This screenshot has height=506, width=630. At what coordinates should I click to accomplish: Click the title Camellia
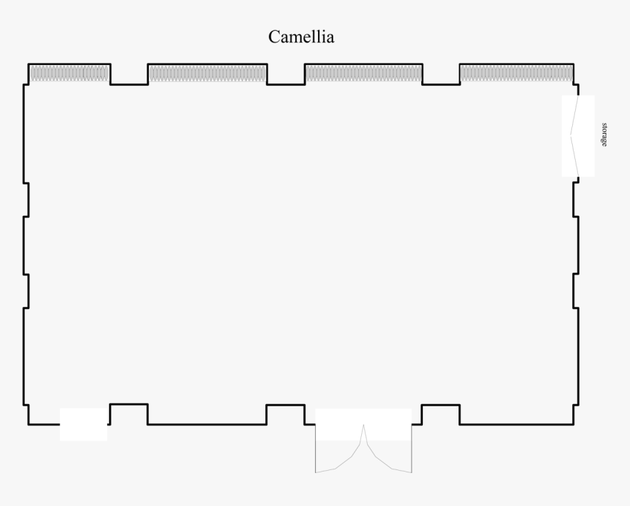tap(301, 37)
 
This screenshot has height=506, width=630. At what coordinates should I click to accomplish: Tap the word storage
tap(604, 135)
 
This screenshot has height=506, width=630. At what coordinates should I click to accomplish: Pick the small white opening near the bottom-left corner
tap(84, 425)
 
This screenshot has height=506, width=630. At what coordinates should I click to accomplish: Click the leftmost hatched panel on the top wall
tap(69, 73)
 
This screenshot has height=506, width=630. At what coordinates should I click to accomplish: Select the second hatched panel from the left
tap(207, 73)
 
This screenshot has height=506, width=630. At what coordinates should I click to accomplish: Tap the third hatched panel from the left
tap(363, 73)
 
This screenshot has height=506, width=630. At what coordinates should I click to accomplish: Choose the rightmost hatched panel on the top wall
tap(516, 73)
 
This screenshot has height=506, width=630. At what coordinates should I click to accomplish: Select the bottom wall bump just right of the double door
tap(441, 414)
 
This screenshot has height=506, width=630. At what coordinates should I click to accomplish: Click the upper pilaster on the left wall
tap(26, 200)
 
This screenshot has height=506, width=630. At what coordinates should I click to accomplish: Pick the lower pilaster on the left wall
tap(26, 291)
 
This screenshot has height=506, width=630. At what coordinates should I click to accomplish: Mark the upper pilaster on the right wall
tap(575, 200)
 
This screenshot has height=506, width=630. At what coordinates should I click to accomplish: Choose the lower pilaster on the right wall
tap(575, 291)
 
